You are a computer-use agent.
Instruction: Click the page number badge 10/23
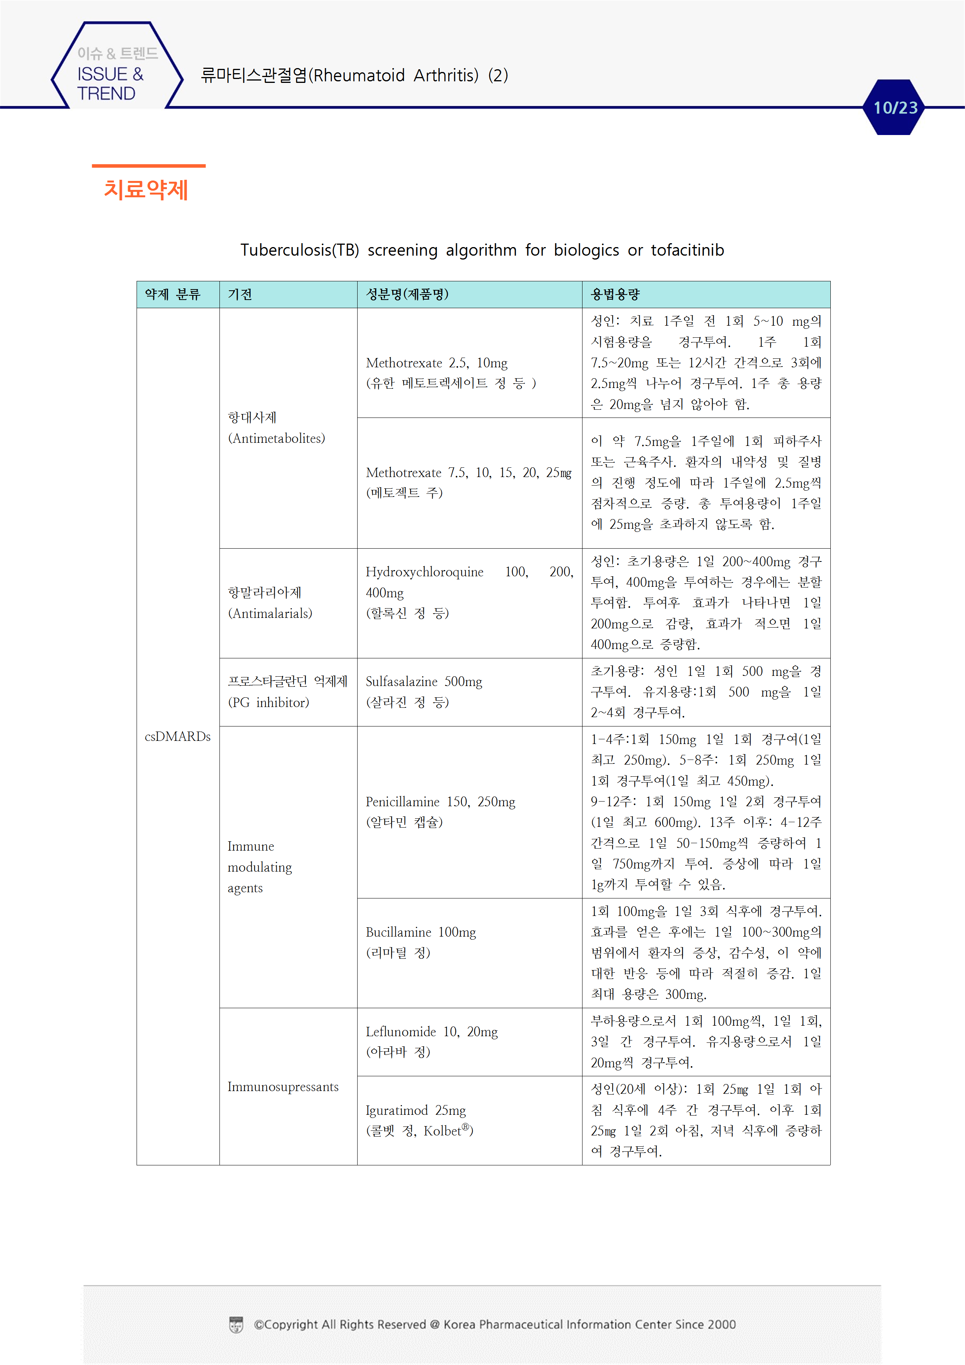pyautogui.click(x=895, y=108)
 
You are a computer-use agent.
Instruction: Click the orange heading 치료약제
pyautogui.click(x=146, y=189)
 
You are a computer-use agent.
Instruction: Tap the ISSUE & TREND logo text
pyautogui.click(x=111, y=84)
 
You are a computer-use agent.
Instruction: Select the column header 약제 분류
pyautogui.click(x=172, y=294)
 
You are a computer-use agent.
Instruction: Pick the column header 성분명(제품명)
pyautogui.click(x=407, y=294)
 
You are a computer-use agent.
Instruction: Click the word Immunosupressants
pyautogui.click(x=283, y=1087)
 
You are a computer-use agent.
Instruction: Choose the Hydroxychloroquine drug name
pyautogui.click(x=425, y=572)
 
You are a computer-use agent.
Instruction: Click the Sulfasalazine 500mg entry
pyautogui.click(x=424, y=682)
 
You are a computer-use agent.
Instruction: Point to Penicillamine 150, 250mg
pyautogui.click(x=440, y=802)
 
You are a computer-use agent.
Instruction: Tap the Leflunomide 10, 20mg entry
pyautogui.click(x=432, y=1032)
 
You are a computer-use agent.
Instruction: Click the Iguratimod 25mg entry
pyautogui.click(x=416, y=1111)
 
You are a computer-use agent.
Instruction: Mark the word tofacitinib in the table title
pyautogui.click(x=687, y=250)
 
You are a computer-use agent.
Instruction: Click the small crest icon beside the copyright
pyautogui.click(x=236, y=1325)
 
